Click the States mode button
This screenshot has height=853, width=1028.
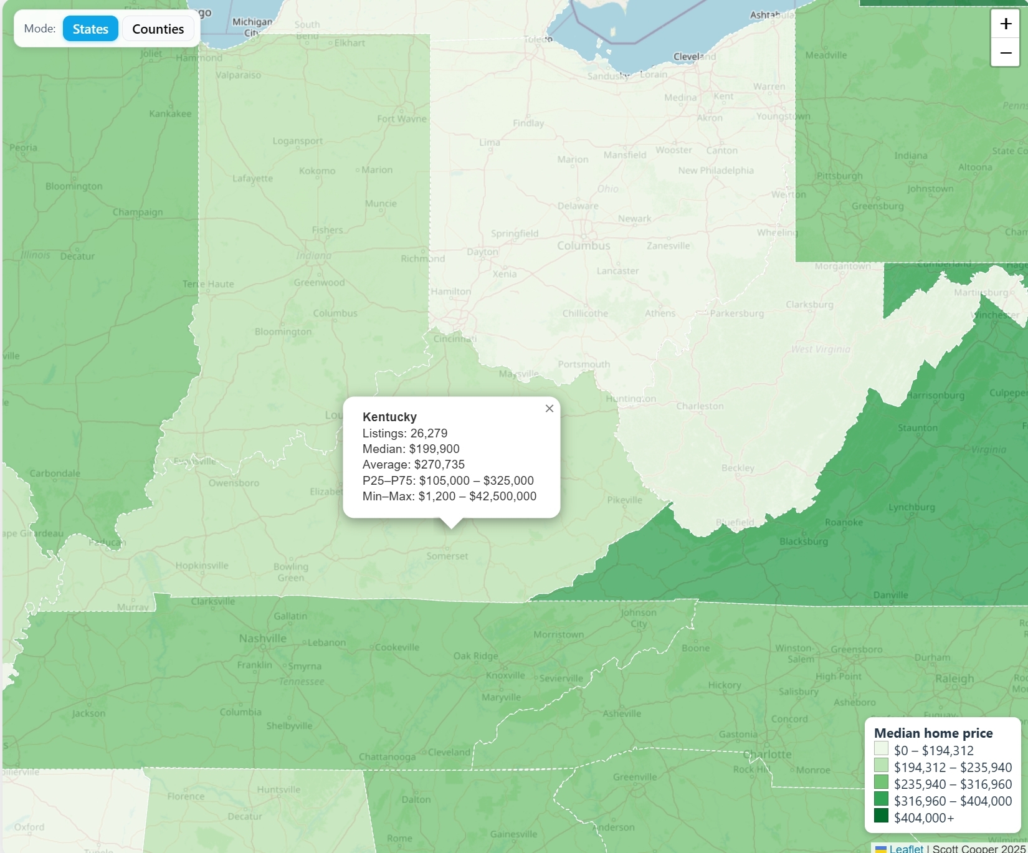(90, 29)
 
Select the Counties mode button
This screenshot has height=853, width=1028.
(158, 29)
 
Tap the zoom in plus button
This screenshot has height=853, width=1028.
(1005, 24)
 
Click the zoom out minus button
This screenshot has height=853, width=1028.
(1005, 53)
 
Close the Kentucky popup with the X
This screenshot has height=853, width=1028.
(549, 409)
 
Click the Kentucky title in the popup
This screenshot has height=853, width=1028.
(389, 417)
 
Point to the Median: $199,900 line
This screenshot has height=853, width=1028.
(411, 449)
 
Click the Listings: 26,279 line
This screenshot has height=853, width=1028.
(404, 433)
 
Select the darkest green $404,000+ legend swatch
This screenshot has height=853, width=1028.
(881, 816)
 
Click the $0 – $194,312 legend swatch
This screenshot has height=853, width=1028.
(881, 749)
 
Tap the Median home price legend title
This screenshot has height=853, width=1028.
(933, 733)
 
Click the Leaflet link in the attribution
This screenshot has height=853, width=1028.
(906, 848)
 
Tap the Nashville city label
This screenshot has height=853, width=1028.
(262, 639)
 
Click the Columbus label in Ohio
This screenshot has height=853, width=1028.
(583, 245)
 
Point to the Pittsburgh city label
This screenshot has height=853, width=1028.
(839, 176)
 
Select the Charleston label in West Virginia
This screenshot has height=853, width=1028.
(700, 406)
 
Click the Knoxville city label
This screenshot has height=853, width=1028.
(505, 675)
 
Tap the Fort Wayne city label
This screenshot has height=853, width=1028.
(401, 119)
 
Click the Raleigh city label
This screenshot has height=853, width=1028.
(954, 679)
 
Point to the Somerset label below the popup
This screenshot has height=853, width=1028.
(447, 556)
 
